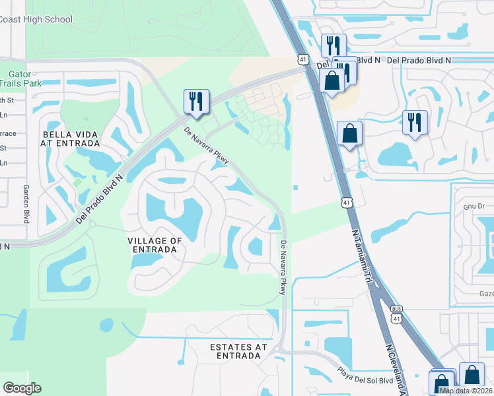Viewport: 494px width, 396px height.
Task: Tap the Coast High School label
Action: pyautogui.click(x=36, y=19)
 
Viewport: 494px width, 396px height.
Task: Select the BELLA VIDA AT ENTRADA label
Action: pyautogui.click(x=69, y=139)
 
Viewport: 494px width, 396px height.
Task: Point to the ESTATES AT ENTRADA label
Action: pyautogui.click(x=238, y=351)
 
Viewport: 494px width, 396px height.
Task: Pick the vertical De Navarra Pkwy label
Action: pyautogui.click(x=283, y=267)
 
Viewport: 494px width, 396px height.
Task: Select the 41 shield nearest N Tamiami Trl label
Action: pyautogui.click(x=346, y=202)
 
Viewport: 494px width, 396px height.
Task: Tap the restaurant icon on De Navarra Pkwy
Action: pyautogui.click(x=196, y=101)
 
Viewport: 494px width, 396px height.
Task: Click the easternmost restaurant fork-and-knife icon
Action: pyautogui.click(x=415, y=122)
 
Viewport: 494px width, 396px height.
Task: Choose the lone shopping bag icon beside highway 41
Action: pyautogui.click(x=349, y=133)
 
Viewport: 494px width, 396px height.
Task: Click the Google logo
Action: pyautogui.click(x=22, y=388)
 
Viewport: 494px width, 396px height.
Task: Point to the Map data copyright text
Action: pyautogui.click(x=466, y=391)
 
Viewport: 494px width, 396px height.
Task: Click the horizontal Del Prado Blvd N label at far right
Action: pyautogui.click(x=419, y=60)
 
